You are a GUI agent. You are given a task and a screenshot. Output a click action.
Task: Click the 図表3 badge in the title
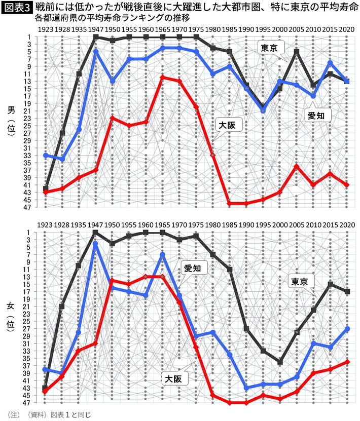(17, 7)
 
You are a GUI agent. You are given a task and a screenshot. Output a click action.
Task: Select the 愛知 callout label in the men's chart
(319, 116)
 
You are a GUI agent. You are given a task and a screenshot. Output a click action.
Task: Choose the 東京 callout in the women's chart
(302, 281)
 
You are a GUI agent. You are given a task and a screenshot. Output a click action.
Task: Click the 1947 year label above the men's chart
(96, 29)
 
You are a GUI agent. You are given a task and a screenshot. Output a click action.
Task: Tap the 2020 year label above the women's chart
(347, 224)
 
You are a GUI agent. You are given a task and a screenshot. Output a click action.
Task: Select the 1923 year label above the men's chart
(46, 29)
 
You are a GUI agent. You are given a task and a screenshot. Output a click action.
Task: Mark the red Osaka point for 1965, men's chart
(162, 77)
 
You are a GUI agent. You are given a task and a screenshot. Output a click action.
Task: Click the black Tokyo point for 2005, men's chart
(297, 52)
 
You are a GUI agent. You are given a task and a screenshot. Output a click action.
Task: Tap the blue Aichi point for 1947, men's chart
(96, 52)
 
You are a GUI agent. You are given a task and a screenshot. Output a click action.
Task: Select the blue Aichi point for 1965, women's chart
(162, 254)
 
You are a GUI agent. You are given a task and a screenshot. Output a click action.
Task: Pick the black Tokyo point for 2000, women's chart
(280, 362)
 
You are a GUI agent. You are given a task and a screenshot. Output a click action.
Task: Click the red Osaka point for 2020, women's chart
(347, 362)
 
